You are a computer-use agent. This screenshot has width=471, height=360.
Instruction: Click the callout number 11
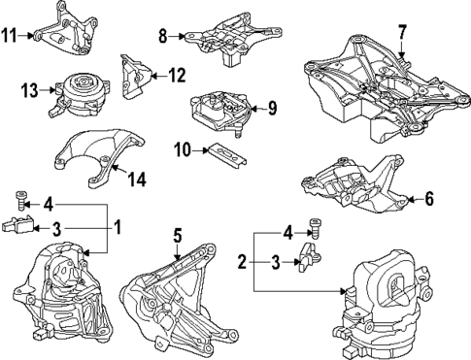[x=9, y=35]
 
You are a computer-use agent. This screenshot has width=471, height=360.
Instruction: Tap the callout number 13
[x=30, y=90]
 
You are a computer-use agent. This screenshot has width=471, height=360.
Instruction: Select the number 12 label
[x=177, y=76]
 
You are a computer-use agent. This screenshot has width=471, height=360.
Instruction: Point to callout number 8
[x=163, y=36]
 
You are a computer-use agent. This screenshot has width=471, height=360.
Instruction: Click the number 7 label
[x=401, y=32]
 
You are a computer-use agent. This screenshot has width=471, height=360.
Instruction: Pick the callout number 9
[x=273, y=108]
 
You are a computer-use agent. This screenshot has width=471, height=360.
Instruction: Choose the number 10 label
[x=183, y=149]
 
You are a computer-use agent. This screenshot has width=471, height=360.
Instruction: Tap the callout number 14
[x=136, y=179]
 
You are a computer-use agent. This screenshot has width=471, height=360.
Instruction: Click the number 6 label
[x=429, y=198]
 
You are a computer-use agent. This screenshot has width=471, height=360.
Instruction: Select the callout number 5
[x=178, y=235]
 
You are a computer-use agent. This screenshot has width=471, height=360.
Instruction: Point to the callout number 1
[x=118, y=227]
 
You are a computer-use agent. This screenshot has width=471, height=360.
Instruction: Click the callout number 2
[x=243, y=262]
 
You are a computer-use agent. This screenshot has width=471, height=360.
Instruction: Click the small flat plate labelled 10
[x=226, y=155]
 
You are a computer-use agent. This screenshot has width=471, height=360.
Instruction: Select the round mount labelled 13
[x=80, y=95]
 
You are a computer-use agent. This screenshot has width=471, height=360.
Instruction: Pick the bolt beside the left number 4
[x=20, y=201]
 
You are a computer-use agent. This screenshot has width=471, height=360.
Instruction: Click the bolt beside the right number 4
[x=314, y=228]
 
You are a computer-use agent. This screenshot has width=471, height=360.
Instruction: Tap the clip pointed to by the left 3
[x=18, y=224]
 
